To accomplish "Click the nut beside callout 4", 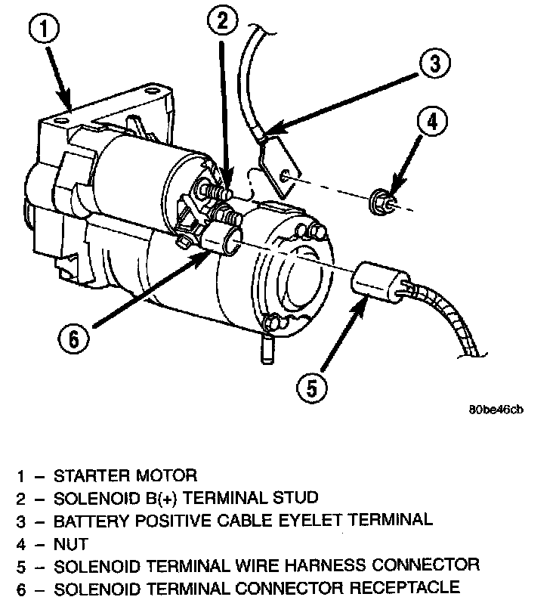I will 381,202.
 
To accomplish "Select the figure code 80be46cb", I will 495,410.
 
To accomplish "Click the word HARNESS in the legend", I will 328,564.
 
